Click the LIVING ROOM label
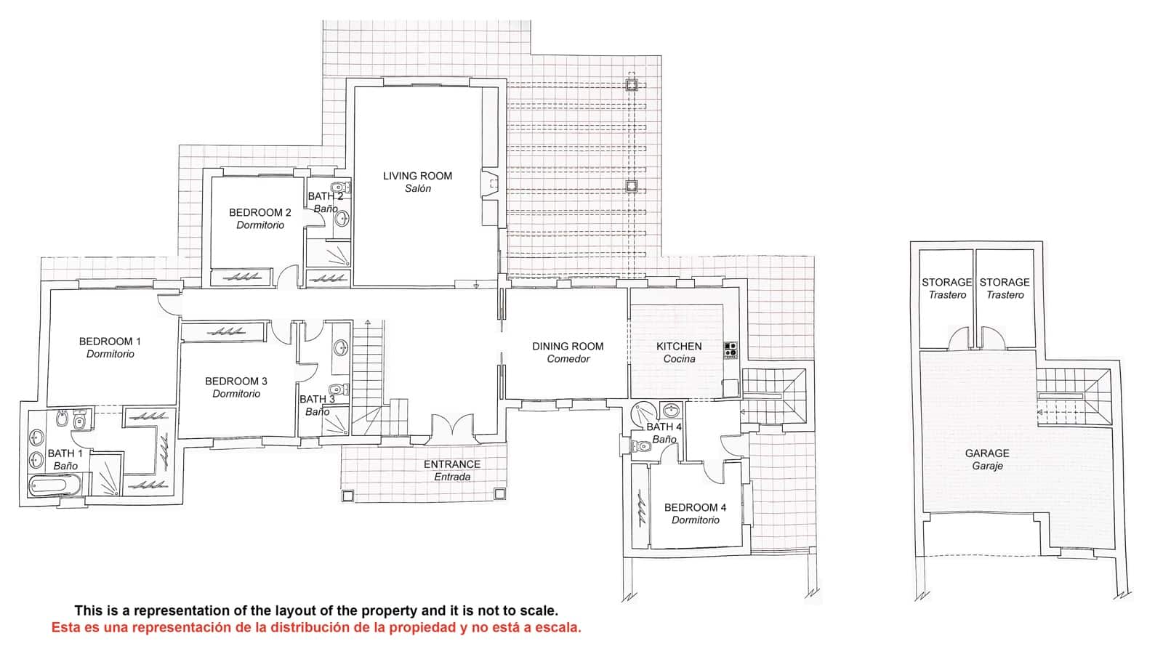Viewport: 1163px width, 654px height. click(417, 176)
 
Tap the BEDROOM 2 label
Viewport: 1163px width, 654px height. click(259, 213)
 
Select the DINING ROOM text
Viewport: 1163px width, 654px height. click(568, 347)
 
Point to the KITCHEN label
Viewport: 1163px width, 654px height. click(679, 347)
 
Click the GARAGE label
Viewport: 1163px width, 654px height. click(986, 453)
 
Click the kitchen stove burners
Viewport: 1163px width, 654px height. click(731, 350)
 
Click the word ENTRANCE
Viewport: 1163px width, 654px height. click(451, 464)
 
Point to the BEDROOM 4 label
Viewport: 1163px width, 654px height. click(695, 508)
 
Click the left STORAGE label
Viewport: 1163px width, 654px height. click(946, 283)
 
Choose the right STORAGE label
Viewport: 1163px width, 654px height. click(1005, 283)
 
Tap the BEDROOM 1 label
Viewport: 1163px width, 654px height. click(110, 342)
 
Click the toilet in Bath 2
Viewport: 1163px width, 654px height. click(337, 188)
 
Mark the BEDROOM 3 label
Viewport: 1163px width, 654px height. click(236, 381)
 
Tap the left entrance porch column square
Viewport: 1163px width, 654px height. click(347, 495)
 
